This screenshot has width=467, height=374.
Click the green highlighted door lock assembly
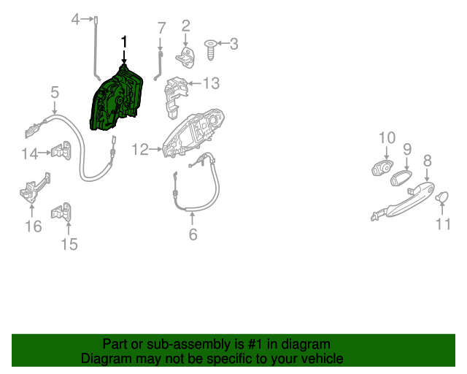[117, 100]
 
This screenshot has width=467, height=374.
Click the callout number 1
[123, 42]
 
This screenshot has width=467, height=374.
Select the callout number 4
[75, 19]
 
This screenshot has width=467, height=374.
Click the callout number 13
[211, 84]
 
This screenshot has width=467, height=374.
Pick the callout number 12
[140, 150]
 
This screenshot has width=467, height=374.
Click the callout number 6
[193, 234]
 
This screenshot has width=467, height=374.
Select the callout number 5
[55, 93]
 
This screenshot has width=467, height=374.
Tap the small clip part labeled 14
[60, 151]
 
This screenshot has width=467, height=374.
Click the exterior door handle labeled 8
[401, 199]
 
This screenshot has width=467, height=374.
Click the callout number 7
[162, 28]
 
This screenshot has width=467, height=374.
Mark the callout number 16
[34, 226]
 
